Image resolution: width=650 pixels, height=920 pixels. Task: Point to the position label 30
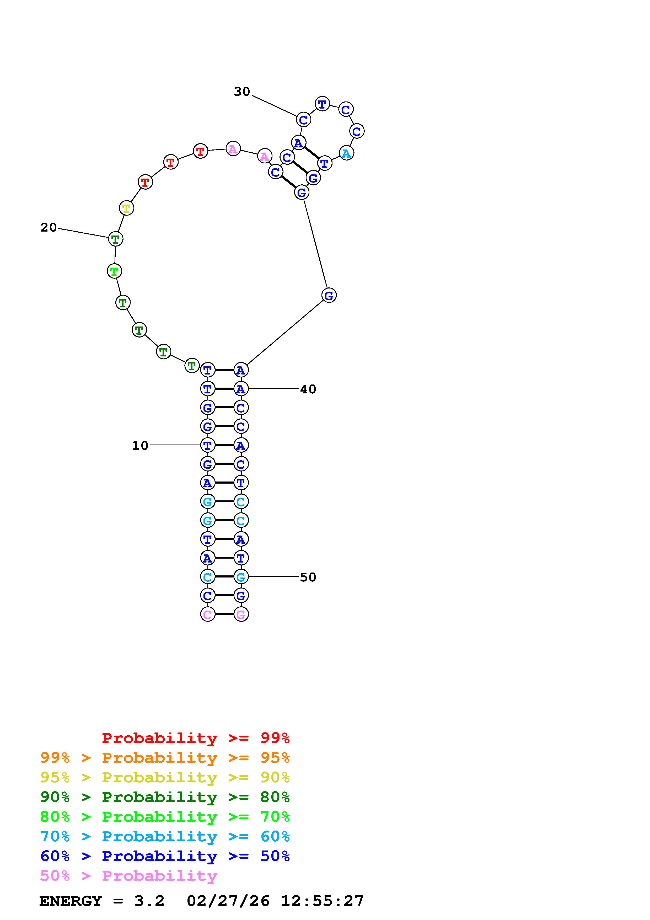(x=242, y=92)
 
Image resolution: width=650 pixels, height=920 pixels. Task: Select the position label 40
(x=308, y=389)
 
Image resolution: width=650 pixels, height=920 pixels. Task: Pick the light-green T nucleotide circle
(x=115, y=271)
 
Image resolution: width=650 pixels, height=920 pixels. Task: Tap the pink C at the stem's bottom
(x=207, y=614)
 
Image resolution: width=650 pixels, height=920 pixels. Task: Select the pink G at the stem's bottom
(x=241, y=614)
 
